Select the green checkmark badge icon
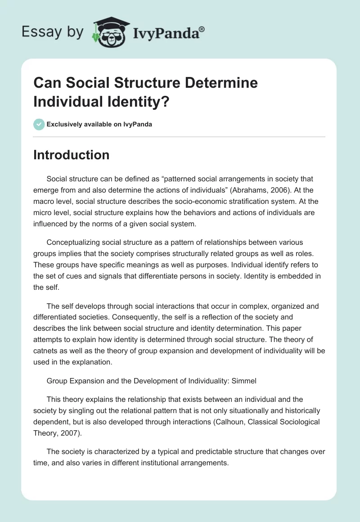tap(39, 124)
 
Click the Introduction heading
tap(71, 155)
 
